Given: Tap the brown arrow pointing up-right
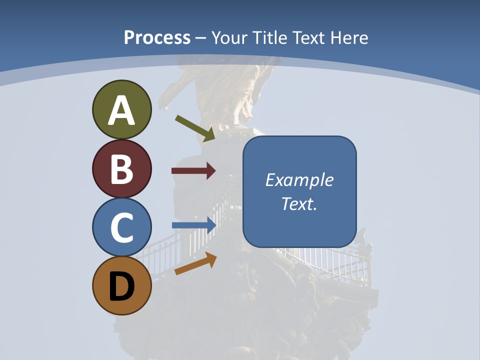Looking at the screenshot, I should [195, 263].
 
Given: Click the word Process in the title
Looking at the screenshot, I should [157, 38].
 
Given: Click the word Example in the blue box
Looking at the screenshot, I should [299, 180].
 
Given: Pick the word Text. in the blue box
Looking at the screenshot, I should [299, 204].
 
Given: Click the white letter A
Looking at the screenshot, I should [121, 110].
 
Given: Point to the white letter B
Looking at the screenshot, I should [121, 169].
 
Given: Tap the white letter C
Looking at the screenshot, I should [121, 227].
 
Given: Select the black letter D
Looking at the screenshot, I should [121, 286].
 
